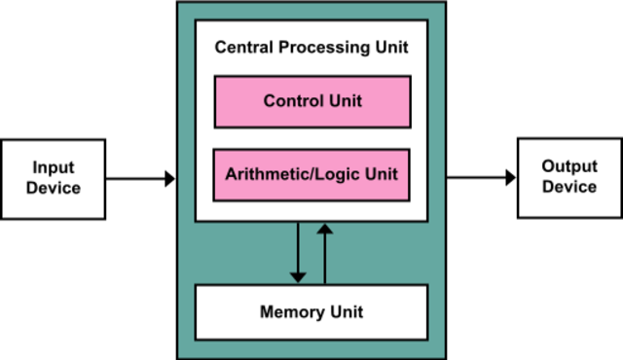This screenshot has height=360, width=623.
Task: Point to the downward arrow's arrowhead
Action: click(x=298, y=275)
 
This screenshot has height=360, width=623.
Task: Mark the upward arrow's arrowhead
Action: click(x=325, y=231)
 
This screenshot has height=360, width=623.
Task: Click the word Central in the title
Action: click(x=242, y=47)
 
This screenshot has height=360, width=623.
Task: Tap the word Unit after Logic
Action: click(x=380, y=175)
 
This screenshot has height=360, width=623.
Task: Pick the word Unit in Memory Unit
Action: click(x=347, y=312)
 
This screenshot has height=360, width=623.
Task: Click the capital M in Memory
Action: click(x=267, y=312)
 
